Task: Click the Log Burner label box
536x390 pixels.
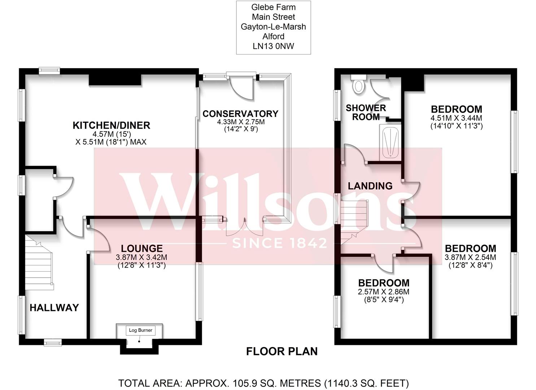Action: tap(140, 330)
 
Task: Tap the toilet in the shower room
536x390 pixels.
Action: tap(358, 85)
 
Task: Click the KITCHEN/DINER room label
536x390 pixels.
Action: tap(111, 125)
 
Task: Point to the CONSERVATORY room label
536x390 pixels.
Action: tap(240, 114)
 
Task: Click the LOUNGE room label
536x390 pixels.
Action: tap(141, 248)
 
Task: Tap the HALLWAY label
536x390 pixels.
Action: tap(54, 308)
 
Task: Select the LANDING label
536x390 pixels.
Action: tap(370, 186)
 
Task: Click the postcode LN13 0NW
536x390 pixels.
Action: tap(273, 46)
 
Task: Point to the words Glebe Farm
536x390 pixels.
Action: tap(273, 7)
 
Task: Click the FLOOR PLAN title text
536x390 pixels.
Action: tap(282, 351)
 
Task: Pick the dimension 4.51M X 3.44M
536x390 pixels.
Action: tap(456, 118)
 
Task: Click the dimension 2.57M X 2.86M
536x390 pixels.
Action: tap(383, 292)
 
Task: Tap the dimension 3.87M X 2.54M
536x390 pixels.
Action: tap(470, 257)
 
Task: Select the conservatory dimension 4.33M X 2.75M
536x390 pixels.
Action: tap(240, 122)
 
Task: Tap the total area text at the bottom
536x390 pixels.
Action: tap(263, 383)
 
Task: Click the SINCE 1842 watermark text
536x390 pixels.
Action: tap(280, 243)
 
